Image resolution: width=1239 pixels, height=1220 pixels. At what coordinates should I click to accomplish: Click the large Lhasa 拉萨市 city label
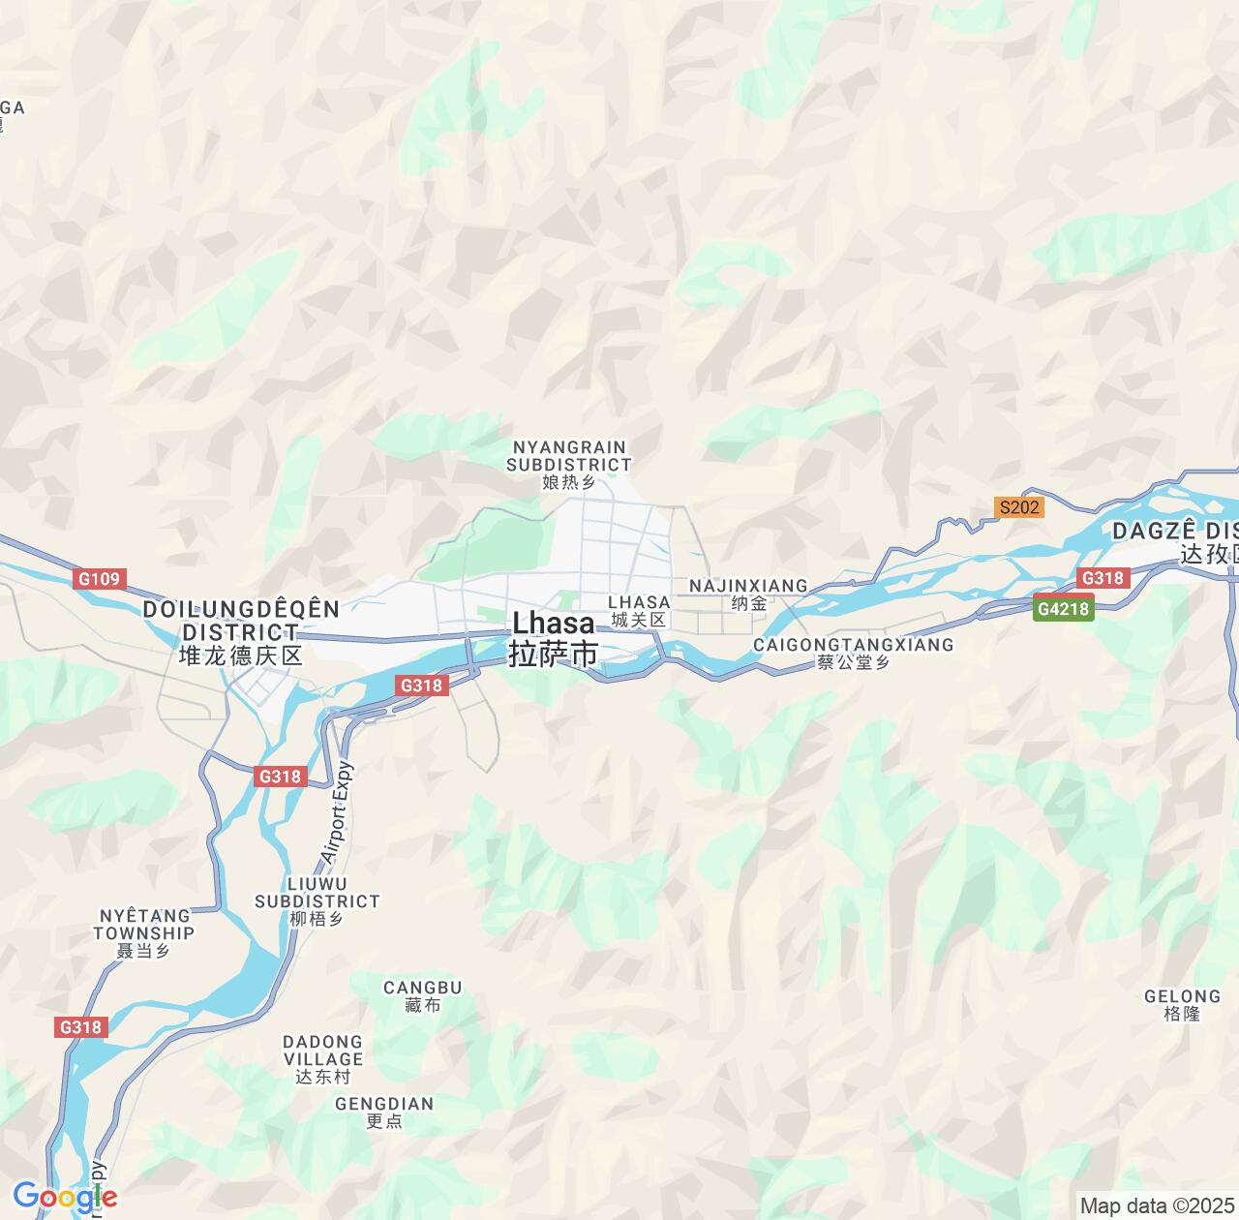click(554, 638)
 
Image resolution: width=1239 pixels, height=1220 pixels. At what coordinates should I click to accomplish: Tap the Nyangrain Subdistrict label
click(569, 465)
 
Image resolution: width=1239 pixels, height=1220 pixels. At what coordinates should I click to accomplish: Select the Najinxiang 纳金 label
click(748, 595)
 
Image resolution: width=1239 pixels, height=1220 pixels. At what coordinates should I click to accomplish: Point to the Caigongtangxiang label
click(853, 653)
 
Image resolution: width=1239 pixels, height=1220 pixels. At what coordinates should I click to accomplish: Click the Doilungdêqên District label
click(241, 631)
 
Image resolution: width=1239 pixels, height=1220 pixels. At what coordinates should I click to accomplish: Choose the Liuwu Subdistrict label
click(317, 900)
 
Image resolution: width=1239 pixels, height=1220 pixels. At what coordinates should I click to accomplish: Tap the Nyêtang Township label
click(144, 932)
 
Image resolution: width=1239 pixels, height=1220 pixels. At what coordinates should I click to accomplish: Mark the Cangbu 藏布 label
click(423, 996)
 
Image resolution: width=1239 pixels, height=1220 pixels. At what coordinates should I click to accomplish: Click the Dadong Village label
click(323, 1059)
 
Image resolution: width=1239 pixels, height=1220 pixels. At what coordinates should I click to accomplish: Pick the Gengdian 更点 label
click(384, 1112)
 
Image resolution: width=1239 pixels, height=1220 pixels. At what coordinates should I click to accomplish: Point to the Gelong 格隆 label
click(1182, 1004)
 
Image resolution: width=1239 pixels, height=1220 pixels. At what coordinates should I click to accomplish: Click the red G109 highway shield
click(99, 579)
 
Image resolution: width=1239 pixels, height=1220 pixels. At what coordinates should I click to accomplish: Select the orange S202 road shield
click(1019, 507)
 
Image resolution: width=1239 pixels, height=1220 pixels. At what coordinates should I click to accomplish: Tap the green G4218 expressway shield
click(1063, 609)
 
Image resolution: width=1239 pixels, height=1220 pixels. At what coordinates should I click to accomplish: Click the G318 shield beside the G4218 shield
click(1103, 578)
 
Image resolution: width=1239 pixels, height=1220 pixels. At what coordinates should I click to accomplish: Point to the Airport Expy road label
click(337, 812)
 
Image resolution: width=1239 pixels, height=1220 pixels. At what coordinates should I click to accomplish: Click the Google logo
click(65, 1198)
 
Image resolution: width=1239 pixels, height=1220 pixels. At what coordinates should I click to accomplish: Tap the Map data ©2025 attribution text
click(1157, 1205)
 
